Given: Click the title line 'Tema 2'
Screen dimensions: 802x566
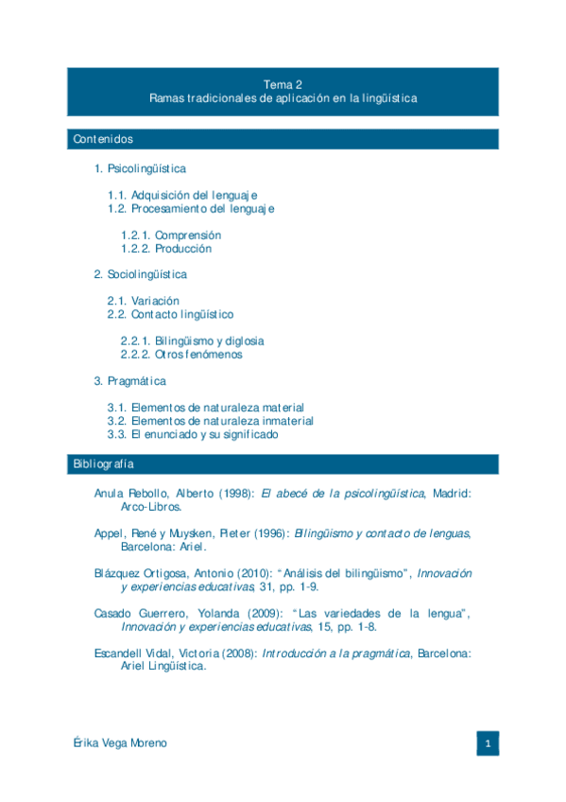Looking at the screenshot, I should pos(283,84).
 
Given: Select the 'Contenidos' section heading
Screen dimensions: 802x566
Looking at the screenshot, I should pos(102,140).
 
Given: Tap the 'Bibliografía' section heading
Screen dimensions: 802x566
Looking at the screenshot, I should pos(103,464).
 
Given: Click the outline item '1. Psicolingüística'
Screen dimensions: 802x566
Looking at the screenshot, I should pos(140,168).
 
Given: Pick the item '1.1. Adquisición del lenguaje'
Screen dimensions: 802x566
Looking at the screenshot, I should pos(182,195).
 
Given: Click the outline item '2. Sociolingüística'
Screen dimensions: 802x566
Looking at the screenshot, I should pos(140,274).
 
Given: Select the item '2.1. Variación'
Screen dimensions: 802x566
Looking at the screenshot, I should pos(143,301).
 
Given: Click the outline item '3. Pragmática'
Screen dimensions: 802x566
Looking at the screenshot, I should pos(129,381).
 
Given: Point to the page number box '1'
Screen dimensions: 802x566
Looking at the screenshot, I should pos(487,743).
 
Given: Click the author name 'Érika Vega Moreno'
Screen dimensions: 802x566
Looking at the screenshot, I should pos(119,743).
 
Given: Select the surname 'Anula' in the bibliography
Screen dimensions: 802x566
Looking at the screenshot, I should pos(110,494).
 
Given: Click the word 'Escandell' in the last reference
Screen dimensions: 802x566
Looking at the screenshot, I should pos(118,653).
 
